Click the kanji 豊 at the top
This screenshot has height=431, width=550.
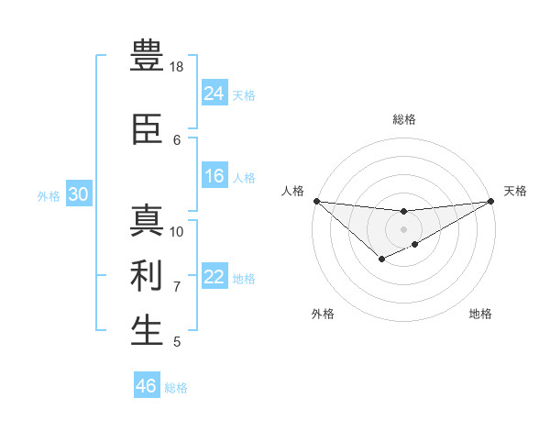(x=147, y=56)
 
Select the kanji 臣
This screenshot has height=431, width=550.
(x=147, y=129)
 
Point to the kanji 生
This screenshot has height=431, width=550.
(x=147, y=330)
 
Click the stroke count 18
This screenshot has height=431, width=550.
(x=177, y=67)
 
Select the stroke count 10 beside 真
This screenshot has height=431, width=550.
(x=177, y=231)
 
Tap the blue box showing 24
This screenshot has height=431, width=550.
(x=214, y=94)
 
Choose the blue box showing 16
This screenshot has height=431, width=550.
(x=214, y=177)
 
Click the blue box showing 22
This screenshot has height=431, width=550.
(x=214, y=278)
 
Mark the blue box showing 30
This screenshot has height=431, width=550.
(x=78, y=194)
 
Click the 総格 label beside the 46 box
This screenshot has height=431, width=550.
(x=176, y=388)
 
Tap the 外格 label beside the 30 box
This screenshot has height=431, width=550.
(x=49, y=196)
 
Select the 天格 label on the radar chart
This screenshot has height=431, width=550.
(x=515, y=191)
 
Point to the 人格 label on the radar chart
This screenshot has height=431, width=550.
(x=292, y=191)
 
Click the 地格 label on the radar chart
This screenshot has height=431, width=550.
(x=480, y=314)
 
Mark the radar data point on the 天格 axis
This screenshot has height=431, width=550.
(x=490, y=201)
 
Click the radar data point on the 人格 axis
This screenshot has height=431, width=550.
(x=316, y=201)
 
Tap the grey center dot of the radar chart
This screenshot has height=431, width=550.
(x=403, y=229)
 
